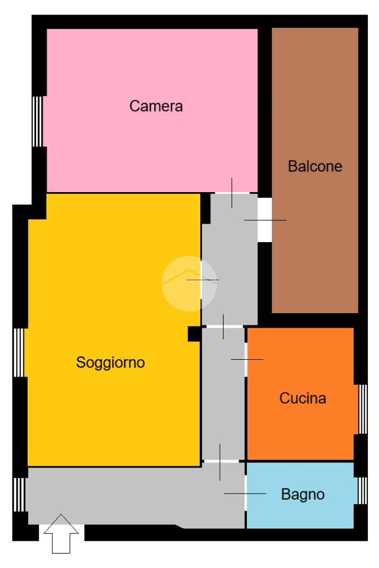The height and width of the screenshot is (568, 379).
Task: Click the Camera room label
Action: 156,106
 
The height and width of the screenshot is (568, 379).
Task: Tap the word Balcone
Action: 315,166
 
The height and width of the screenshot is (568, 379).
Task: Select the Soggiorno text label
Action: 110,363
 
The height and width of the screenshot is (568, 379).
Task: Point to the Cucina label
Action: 302,398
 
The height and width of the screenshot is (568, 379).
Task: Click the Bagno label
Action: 302,495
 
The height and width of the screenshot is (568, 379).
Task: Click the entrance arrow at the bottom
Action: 61,534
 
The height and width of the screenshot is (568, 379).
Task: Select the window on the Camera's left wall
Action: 37,122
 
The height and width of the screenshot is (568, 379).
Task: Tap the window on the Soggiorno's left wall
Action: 19,353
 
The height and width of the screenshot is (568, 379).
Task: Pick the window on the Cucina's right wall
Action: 363,409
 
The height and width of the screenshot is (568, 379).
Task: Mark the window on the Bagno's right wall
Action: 363,490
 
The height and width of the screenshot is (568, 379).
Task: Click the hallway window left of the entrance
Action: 19,495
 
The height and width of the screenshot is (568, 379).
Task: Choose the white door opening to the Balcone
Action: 265,220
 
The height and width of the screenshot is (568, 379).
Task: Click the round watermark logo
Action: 189,284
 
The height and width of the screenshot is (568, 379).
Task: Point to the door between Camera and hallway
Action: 232,193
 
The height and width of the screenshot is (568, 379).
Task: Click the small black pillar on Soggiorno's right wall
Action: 194,334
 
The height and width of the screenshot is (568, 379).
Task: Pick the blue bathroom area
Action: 300,495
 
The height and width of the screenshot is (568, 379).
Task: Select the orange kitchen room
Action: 300,394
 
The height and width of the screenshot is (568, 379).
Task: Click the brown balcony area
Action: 315,170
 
